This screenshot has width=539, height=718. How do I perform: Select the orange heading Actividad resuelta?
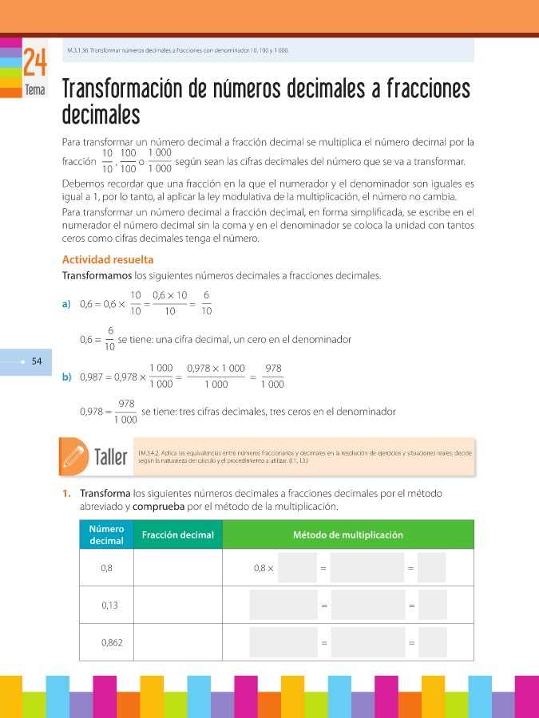point(108,259)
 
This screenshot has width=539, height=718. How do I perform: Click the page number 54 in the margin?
point(36,361)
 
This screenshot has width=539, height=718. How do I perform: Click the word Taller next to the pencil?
point(111,458)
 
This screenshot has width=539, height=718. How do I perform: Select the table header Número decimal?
point(106,535)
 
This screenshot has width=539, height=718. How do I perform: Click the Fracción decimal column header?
point(177,535)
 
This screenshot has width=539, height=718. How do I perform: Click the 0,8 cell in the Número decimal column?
point(106,568)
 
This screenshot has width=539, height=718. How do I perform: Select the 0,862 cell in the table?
point(112,642)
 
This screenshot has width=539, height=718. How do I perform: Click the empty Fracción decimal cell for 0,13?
point(177,606)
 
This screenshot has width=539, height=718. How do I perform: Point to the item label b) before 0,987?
point(66,377)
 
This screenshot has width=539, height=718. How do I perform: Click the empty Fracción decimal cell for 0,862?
point(177,642)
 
